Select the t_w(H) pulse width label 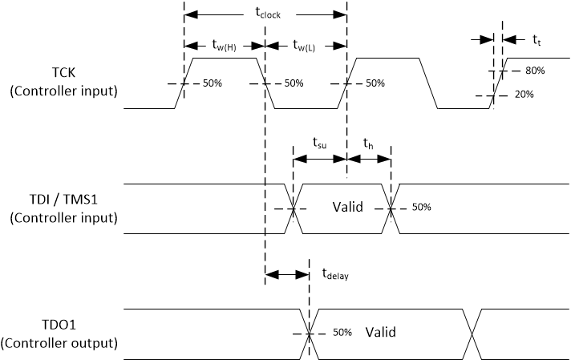pos(224,45)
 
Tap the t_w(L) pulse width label pos(305,45)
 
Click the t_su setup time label pos(320,144)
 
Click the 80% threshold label pos(535,71)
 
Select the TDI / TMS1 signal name pos(63,200)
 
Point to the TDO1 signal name pos(63,327)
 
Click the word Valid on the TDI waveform pos(348,208)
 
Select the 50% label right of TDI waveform pos(420,208)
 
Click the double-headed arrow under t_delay pos(286,274)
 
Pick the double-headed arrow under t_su pos(320,160)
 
